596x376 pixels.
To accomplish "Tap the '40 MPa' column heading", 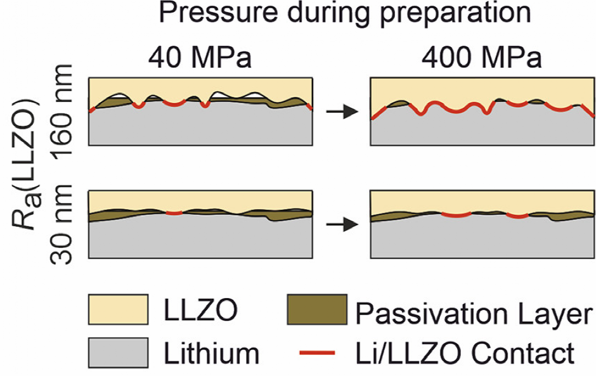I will point(200,58).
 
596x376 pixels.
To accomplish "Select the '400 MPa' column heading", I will point(483,58).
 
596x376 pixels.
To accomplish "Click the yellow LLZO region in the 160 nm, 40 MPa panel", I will point(200,86).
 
